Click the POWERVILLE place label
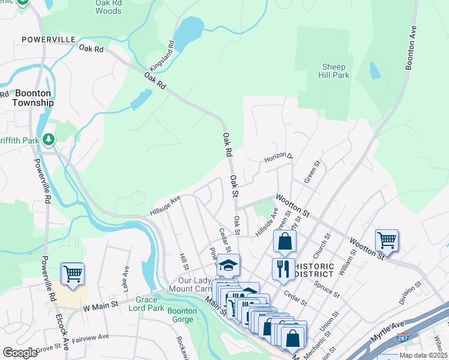pyautogui.click(x=48, y=39)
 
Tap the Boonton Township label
pyautogui.click(x=34, y=98)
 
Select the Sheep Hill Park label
pyautogui.click(x=336, y=71)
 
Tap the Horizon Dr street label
pyautogui.click(x=279, y=158)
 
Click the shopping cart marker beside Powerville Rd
pyautogui.click(x=73, y=274)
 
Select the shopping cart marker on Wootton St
pyautogui.click(x=387, y=240)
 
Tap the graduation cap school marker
pyautogui.click(x=228, y=265)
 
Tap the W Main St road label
pyautogui.click(x=98, y=308)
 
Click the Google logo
pyautogui.click(x=20, y=352)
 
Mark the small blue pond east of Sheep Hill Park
pyautogui.click(x=375, y=71)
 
